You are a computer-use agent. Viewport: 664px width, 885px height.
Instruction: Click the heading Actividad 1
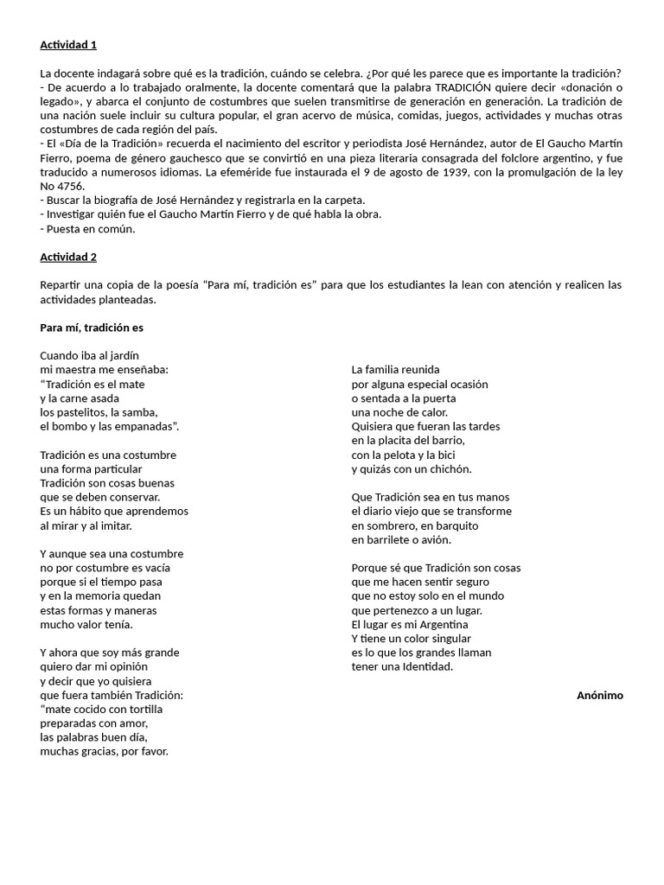click(74, 45)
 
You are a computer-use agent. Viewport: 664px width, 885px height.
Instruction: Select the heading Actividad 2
click(74, 257)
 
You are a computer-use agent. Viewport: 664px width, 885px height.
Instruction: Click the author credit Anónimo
click(599, 695)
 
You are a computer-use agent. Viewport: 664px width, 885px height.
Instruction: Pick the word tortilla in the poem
click(142, 709)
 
